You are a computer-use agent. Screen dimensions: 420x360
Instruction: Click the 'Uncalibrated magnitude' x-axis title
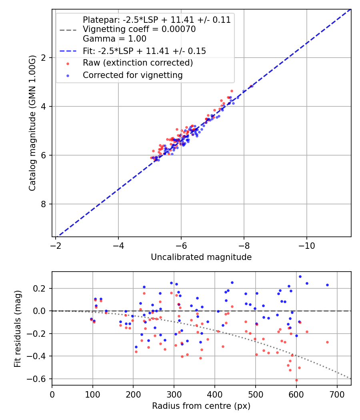(x=201, y=257)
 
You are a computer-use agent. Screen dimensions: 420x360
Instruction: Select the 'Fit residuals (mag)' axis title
(x=17, y=328)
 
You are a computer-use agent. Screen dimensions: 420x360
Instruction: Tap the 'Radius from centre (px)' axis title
(x=201, y=406)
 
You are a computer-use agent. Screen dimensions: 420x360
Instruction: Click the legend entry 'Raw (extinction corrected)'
(x=138, y=63)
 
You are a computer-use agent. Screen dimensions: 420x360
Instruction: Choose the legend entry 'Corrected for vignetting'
(x=132, y=75)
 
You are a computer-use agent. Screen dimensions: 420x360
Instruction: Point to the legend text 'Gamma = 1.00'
(x=114, y=39)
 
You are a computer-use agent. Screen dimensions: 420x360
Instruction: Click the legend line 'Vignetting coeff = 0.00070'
(x=139, y=29)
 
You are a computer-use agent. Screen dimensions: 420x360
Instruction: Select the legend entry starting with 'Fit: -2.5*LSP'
(x=144, y=51)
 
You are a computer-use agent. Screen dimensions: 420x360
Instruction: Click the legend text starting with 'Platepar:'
(x=156, y=20)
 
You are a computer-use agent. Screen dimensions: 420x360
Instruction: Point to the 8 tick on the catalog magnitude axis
(x=44, y=204)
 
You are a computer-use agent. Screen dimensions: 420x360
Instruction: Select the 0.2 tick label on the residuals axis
(x=41, y=288)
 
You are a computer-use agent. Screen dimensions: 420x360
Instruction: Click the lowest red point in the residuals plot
(x=296, y=380)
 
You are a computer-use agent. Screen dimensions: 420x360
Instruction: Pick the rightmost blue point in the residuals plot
(x=327, y=285)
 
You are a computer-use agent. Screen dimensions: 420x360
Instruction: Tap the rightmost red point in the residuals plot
(x=327, y=342)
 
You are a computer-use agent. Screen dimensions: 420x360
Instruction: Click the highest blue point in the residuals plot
(x=300, y=276)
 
